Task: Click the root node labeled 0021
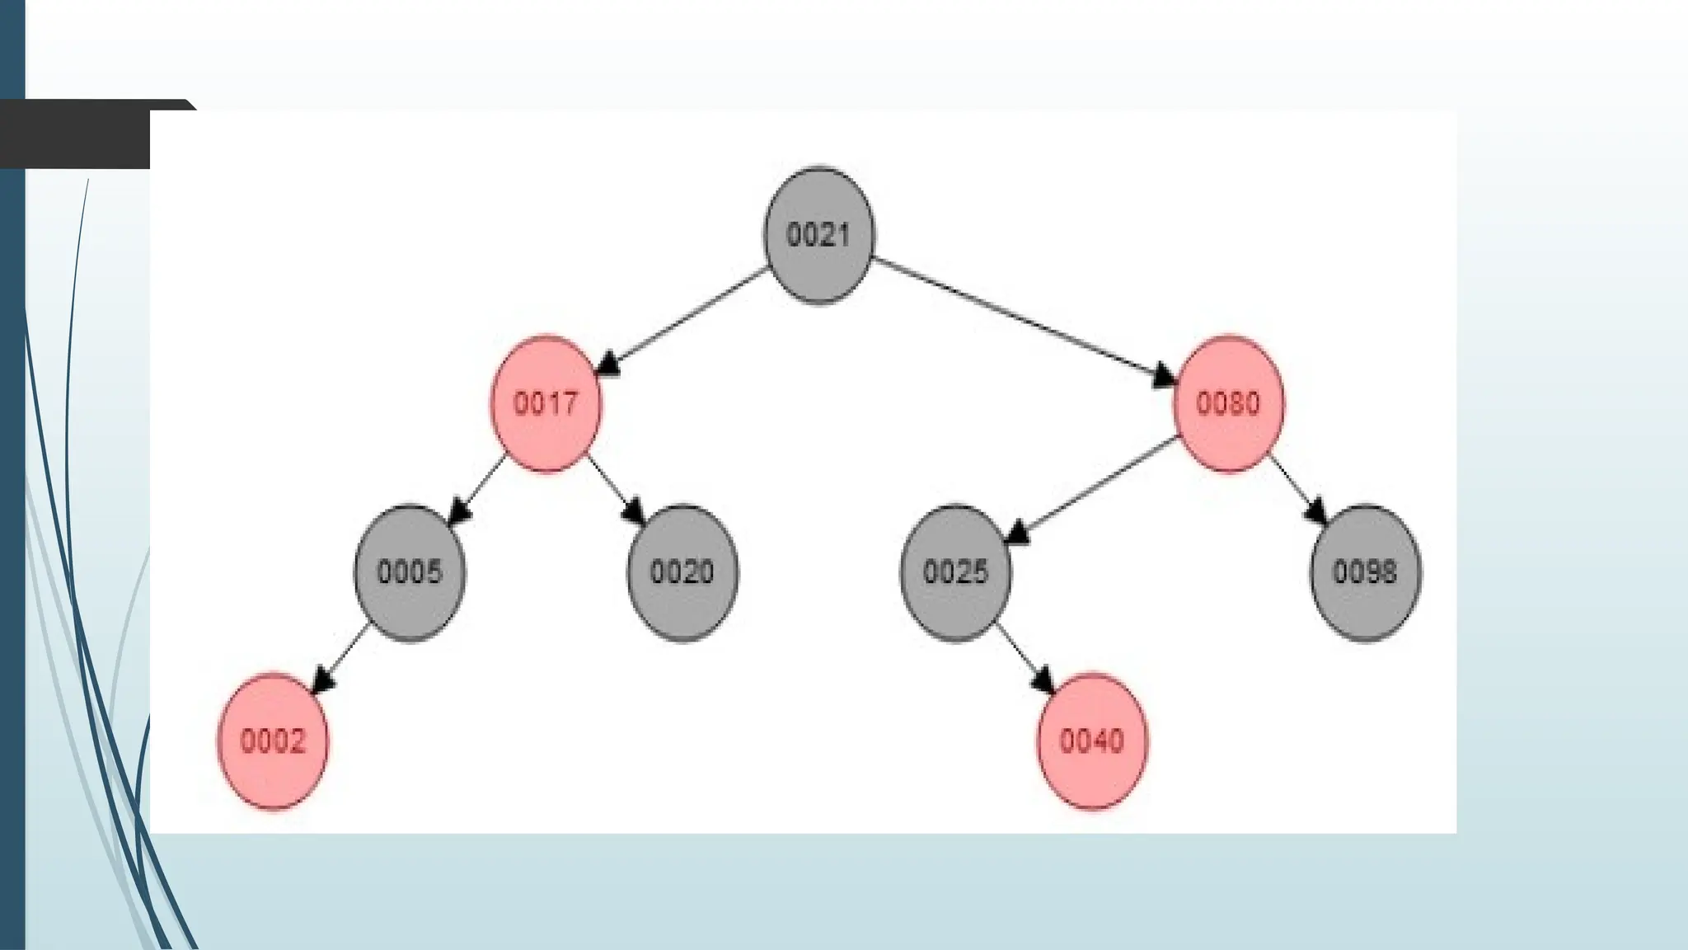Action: [x=818, y=236]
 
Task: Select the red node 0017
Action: [x=546, y=404]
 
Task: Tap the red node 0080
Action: [x=1228, y=404]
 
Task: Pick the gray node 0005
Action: [x=410, y=572]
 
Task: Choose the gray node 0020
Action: [x=682, y=572]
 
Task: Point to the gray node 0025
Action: [x=955, y=572]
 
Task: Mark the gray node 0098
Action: [x=1365, y=572]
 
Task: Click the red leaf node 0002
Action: [x=273, y=741]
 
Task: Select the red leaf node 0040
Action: [x=1091, y=741]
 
